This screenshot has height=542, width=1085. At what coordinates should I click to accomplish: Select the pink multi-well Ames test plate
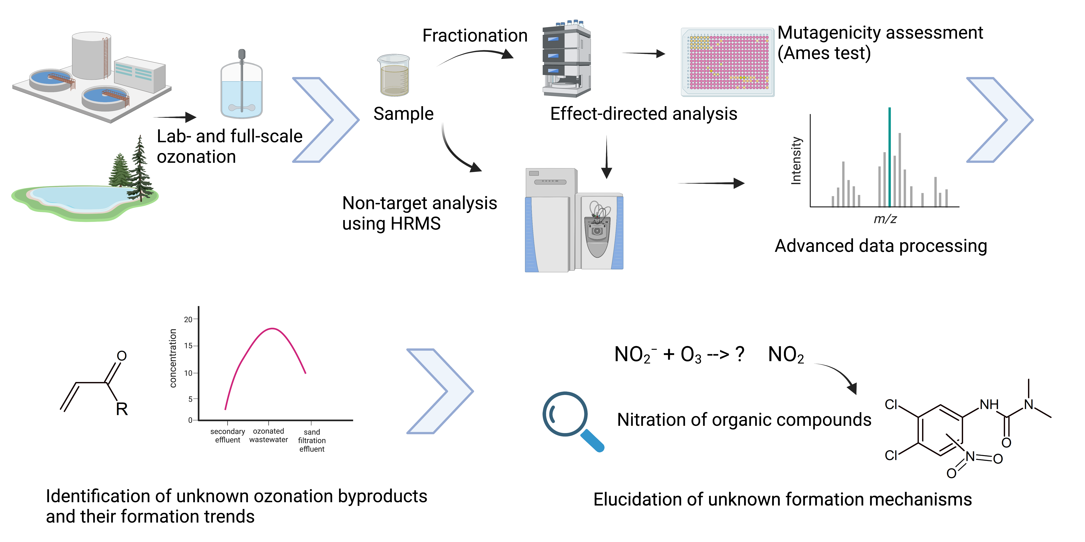tap(727, 62)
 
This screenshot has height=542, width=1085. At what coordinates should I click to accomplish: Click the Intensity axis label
tap(796, 161)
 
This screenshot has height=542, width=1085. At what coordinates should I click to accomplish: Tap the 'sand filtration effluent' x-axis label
tap(312, 441)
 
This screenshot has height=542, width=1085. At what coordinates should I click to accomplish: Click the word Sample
tap(403, 114)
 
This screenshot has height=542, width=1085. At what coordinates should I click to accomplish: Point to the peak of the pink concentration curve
tap(273, 329)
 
